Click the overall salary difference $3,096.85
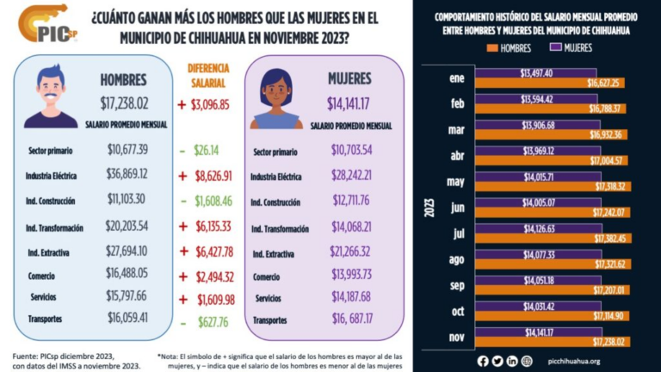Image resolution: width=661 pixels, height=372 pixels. pyautogui.click(x=213, y=104)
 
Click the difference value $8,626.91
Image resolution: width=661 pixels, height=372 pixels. pyautogui.click(x=213, y=175)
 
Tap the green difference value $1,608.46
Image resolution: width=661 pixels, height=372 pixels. pyautogui.click(x=213, y=201)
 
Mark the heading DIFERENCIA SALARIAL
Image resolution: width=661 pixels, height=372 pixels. pyautogui.click(x=207, y=76)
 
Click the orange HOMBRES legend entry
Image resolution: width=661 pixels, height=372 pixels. pyautogui.click(x=509, y=48)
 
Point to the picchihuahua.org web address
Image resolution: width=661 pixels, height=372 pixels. pyautogui.click(x=574, y=361)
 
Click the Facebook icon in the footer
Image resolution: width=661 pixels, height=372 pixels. pyautogui.click(x=483, y=361)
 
